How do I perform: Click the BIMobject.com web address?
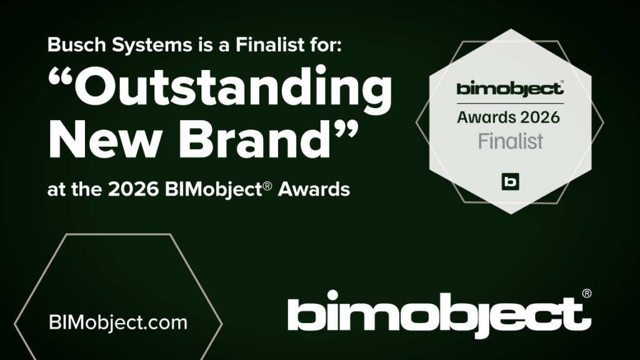pyautogui.click(x=118, y=323)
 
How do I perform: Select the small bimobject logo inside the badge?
pyautogui.click(x=509, y=89)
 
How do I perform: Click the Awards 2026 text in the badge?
pyautogui.click(x=509, y=116)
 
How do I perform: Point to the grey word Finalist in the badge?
pyautogui.click(x=510, y=141)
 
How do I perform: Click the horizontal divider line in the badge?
pyautogui.click(x=509, y=103)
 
